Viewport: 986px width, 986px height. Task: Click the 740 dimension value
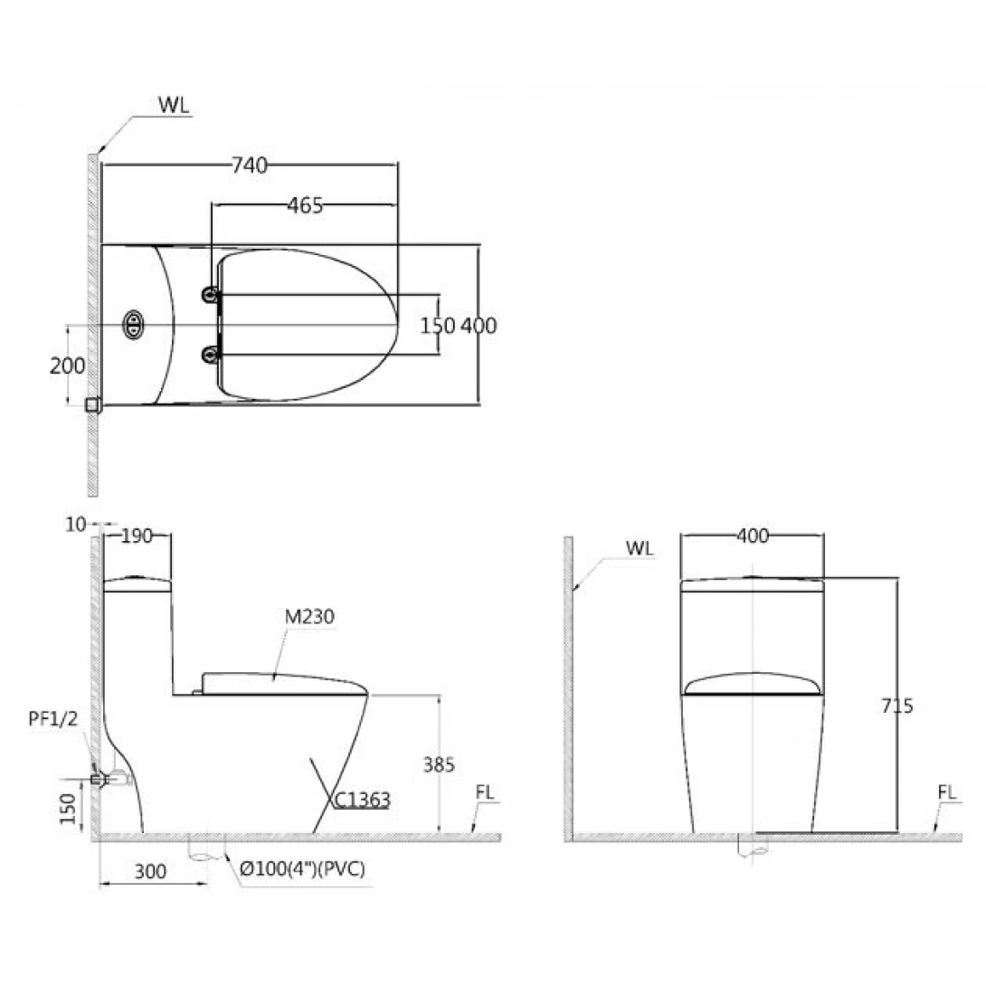(x=250, y=166)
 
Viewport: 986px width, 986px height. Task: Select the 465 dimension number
(x=305, y=205)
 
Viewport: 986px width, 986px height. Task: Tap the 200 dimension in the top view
(x=67, y=365)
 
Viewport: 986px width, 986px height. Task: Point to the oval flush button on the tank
(x=133, y=325)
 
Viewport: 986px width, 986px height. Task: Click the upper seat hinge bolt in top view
(x=211, y=294)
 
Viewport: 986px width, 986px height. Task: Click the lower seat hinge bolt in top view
(x=211, y=355)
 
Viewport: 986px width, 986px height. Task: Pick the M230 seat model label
(x=309, y=616)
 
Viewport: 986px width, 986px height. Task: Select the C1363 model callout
(x=362, y=800)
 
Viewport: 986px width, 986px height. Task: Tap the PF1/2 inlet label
(x=53, y=718)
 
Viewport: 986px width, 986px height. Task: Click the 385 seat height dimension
(x=439, y=764)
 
